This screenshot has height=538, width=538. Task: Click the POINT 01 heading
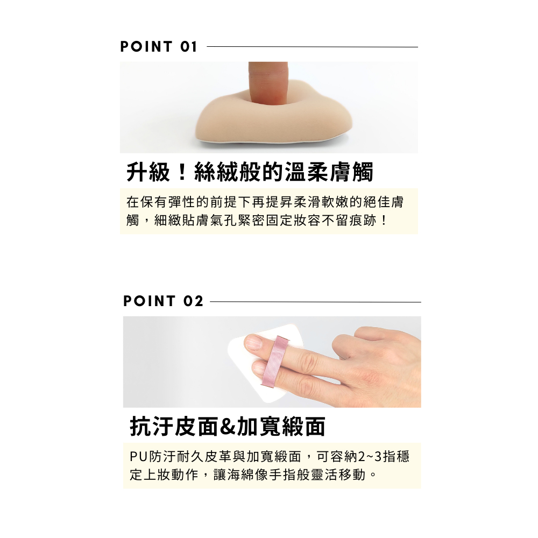(x=159, y=47)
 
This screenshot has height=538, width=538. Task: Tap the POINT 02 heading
(x=164, y=301)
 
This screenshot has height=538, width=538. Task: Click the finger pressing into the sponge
(x=268, y=82)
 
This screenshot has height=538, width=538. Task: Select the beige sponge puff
(x=274, y=121)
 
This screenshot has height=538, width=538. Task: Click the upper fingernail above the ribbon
(x=254, y=342)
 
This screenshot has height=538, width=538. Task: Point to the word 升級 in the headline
(x=148, y=172)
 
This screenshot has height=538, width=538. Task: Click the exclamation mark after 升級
(x=182, y=172)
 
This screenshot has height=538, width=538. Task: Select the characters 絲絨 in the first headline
(x=216, y=172)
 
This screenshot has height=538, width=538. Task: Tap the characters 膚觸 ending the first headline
(x=351, y=172)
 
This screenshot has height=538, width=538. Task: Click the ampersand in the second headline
(x=227, y=427)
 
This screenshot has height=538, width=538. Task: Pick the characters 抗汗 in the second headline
(x=151, y=427)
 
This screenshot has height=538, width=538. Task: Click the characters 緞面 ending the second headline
(x=304, y=427)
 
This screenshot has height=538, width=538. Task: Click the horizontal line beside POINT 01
(x=312, y=47)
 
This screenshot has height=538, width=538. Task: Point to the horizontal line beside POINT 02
(x=315, y=302)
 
